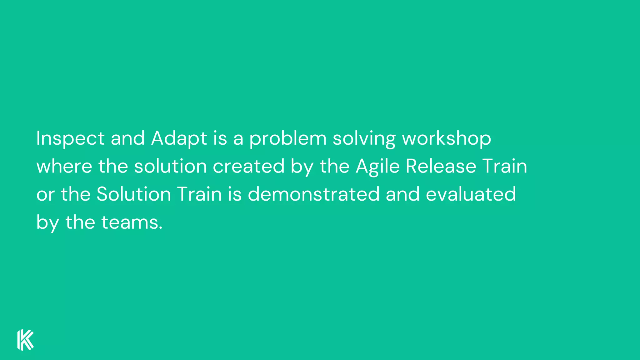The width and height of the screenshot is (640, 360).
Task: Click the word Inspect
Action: coord(70,138)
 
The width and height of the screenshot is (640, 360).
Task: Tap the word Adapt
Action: coord(179,138)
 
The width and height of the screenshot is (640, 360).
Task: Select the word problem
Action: coord(287,138)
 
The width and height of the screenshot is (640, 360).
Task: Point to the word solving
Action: coord(364,138)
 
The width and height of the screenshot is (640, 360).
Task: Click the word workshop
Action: coord(446,138)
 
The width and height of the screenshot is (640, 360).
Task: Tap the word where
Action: coord(64,166)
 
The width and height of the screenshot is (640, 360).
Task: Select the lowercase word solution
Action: coord(170,166)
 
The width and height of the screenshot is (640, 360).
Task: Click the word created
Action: coord(248,166)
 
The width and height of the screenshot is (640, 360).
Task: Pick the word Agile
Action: coord(377,166)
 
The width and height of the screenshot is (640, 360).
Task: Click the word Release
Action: coord(441,166)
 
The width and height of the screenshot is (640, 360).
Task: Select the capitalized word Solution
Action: coord(134,194)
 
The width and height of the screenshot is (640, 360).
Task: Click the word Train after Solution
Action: coord(199,194)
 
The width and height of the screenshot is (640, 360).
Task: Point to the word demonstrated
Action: coord(313,194)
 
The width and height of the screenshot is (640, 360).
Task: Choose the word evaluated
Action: coord(471,194)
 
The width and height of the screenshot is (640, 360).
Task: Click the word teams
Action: coord(129,222)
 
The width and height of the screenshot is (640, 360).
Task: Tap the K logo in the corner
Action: coord(25,340)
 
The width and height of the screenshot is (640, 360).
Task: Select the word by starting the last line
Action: coord(47,222)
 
